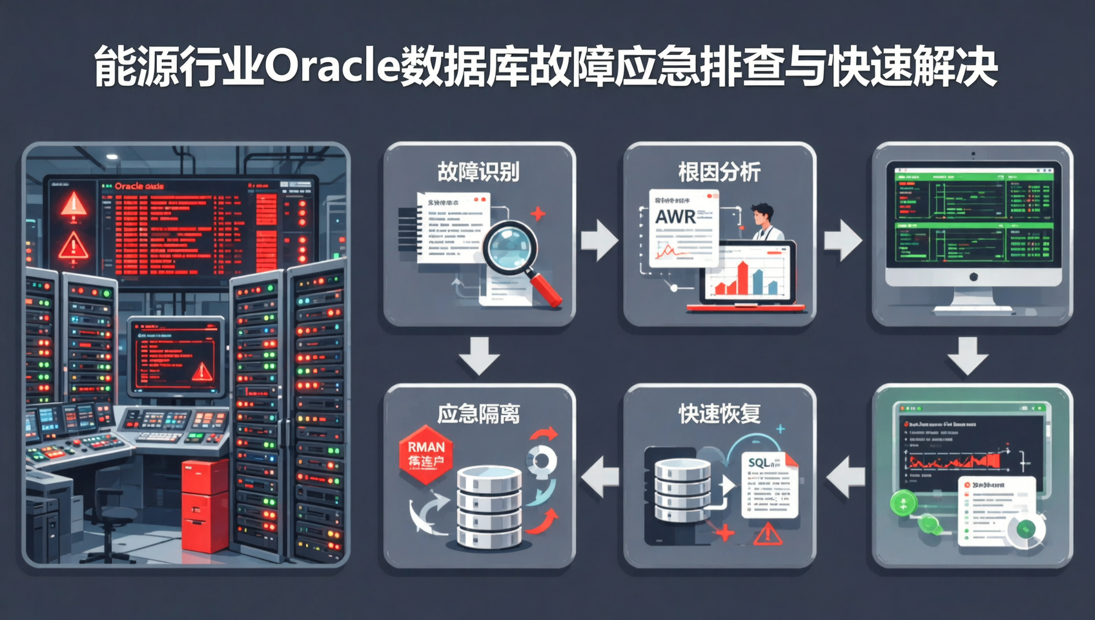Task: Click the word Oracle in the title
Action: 332,67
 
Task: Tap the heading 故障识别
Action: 478,172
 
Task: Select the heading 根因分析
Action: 719,172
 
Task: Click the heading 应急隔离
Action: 478,414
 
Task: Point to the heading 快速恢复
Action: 719,414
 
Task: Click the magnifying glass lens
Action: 510,249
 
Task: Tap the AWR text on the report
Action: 675,217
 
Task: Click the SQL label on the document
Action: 759,463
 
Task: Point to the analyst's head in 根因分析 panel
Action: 762,214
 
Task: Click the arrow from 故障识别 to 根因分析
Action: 599,240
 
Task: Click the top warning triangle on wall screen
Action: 74,205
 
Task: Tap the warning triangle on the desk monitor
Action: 202,371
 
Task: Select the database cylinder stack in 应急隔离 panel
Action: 489,507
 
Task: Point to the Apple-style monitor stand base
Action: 972,309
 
